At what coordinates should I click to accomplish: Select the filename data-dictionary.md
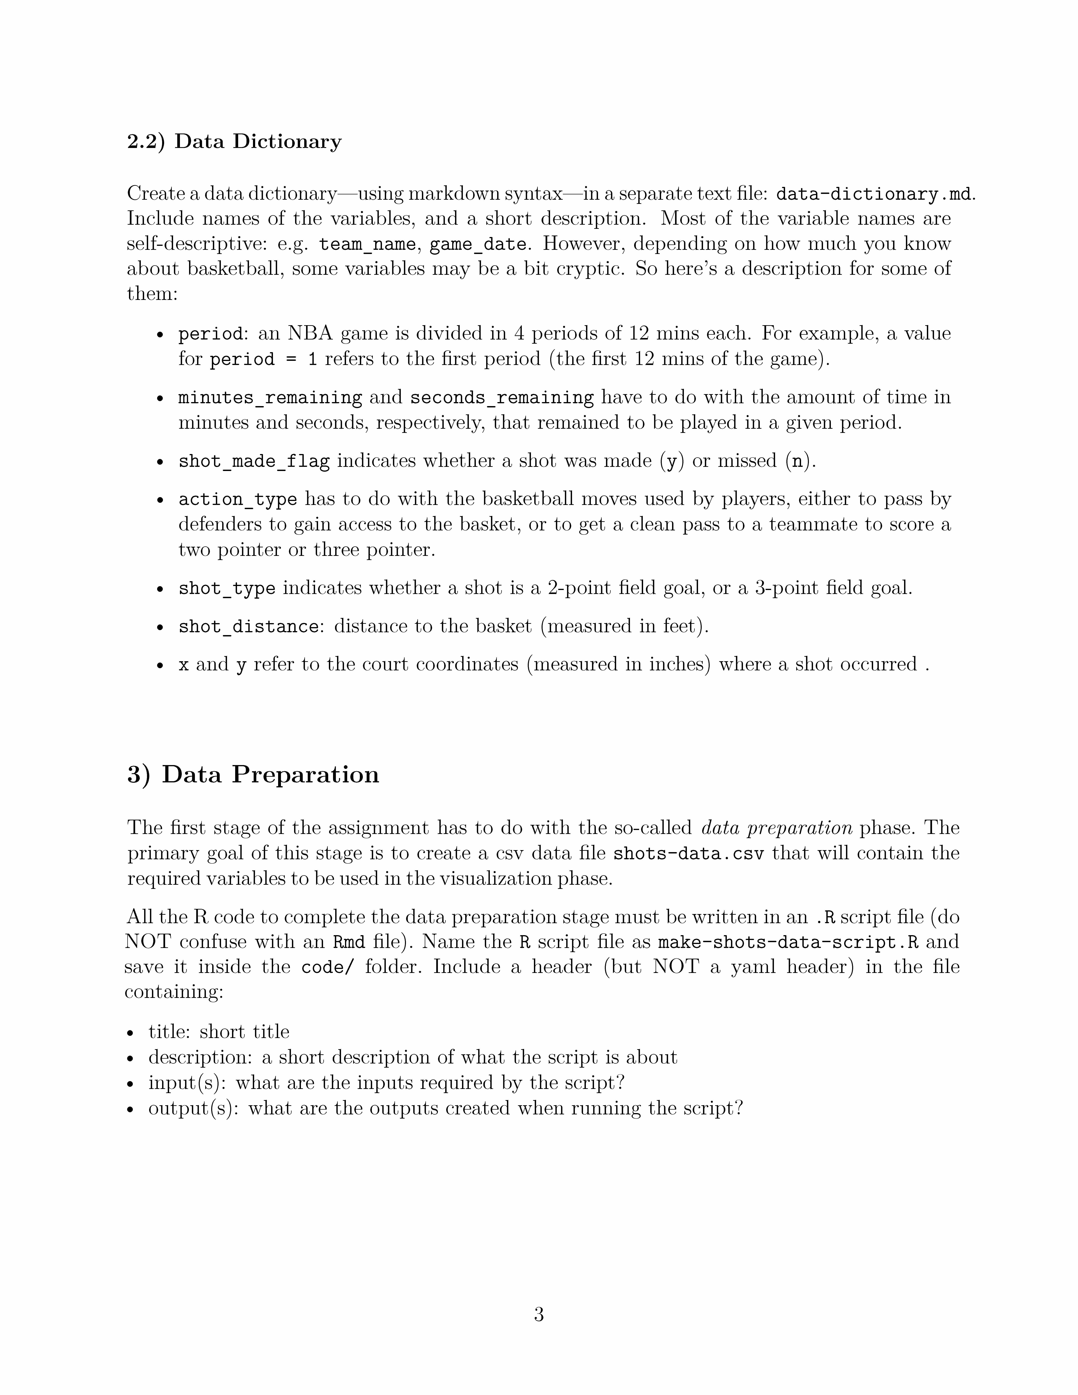(874, 194)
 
